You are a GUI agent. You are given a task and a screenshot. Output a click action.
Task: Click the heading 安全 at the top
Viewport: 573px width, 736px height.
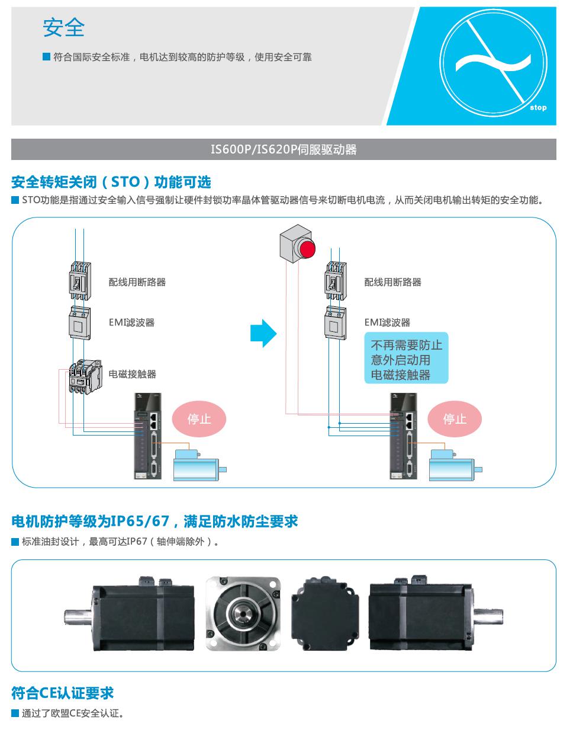63,27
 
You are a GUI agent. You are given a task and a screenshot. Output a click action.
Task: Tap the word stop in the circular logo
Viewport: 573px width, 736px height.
538,107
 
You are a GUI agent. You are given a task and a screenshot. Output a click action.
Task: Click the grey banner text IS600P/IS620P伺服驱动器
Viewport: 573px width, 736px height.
284,149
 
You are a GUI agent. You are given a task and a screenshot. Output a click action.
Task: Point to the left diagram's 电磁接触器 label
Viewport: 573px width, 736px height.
132,374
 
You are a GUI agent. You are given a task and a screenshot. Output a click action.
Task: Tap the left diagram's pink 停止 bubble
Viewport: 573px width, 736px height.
199,419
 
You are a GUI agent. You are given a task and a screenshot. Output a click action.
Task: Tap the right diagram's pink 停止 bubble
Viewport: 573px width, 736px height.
455,419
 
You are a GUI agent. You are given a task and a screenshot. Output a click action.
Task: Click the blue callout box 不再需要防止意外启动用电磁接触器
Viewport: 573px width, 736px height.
406,360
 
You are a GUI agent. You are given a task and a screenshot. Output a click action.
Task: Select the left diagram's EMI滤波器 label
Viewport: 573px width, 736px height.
131,322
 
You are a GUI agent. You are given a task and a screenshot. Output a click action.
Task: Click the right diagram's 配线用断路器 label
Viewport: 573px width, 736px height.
392,282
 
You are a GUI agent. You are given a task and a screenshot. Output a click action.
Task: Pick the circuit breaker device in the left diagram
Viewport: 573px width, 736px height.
79,281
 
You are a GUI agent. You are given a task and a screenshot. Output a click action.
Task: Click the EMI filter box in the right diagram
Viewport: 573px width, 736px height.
335,323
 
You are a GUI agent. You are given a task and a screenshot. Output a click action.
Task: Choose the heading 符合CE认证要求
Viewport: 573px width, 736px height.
62,693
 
